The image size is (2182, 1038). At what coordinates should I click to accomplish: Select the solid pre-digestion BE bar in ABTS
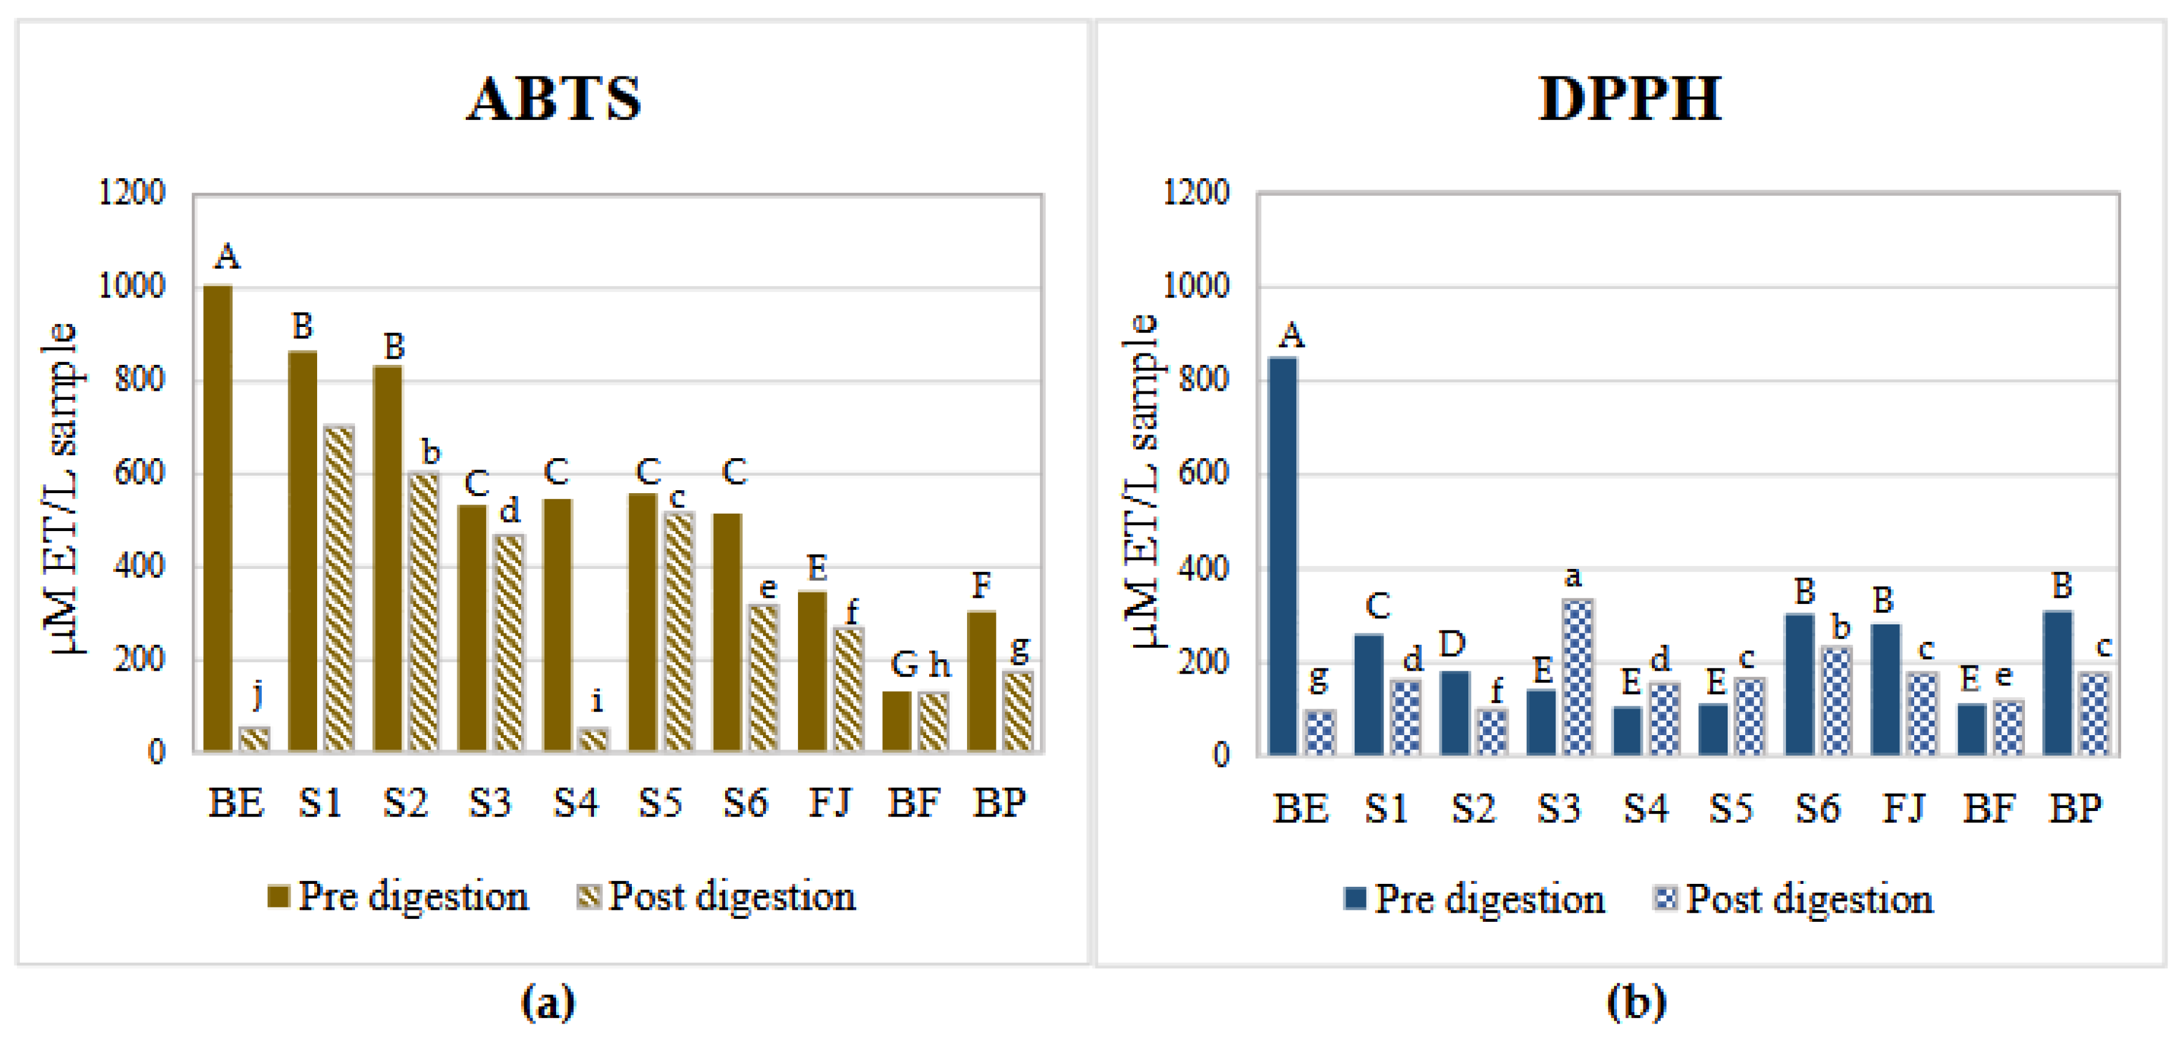218,518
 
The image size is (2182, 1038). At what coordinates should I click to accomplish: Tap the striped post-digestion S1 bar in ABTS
338,588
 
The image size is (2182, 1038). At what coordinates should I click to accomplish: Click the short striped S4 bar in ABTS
593,739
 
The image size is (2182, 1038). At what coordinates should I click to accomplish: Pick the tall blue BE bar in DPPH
1282,556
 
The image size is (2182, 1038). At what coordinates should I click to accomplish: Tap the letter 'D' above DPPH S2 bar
1452,645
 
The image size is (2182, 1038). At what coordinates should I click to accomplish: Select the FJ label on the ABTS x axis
829,801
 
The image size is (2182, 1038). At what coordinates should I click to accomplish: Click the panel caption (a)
548,1002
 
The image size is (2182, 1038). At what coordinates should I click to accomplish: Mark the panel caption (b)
1636,1002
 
